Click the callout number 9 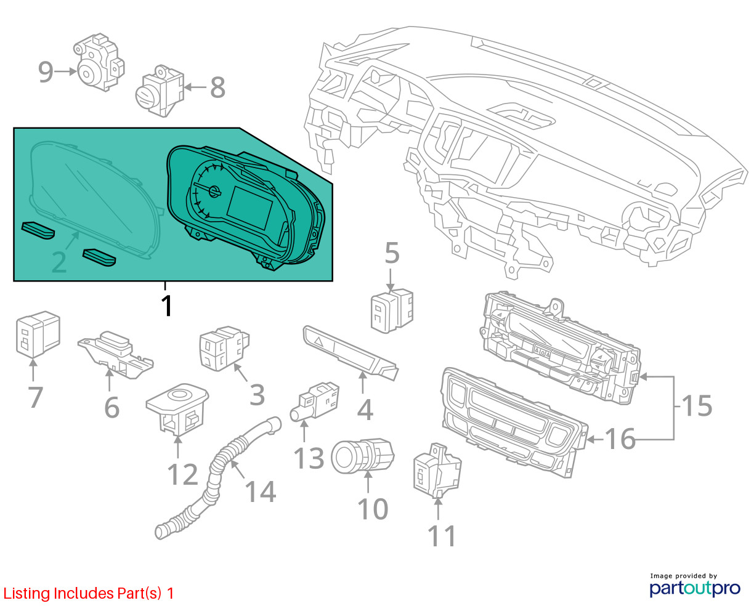(46, 72)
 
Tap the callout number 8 (217, 87)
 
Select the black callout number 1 (166, 306)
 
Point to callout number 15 (697, 407)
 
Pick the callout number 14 (261, 491)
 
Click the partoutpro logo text (695, 588)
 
